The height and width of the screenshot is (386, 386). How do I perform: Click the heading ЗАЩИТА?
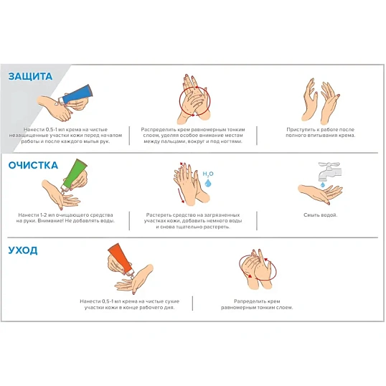coord(30,76)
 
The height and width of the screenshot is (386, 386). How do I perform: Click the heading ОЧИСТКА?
coord(33,166)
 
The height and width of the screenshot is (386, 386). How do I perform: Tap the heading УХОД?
coord(23,250)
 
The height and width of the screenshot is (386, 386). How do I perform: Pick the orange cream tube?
coord(121,260)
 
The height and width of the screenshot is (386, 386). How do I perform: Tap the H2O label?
coord(208,174)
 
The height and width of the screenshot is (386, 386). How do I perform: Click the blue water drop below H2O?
coord(208,183)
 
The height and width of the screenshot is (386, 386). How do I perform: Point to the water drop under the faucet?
coord(323,184)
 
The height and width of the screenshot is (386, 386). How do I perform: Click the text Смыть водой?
coord(320,215)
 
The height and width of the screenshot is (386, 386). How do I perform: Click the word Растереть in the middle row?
coord(158,215)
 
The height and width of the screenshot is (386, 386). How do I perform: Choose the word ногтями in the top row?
coord(232,141)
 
